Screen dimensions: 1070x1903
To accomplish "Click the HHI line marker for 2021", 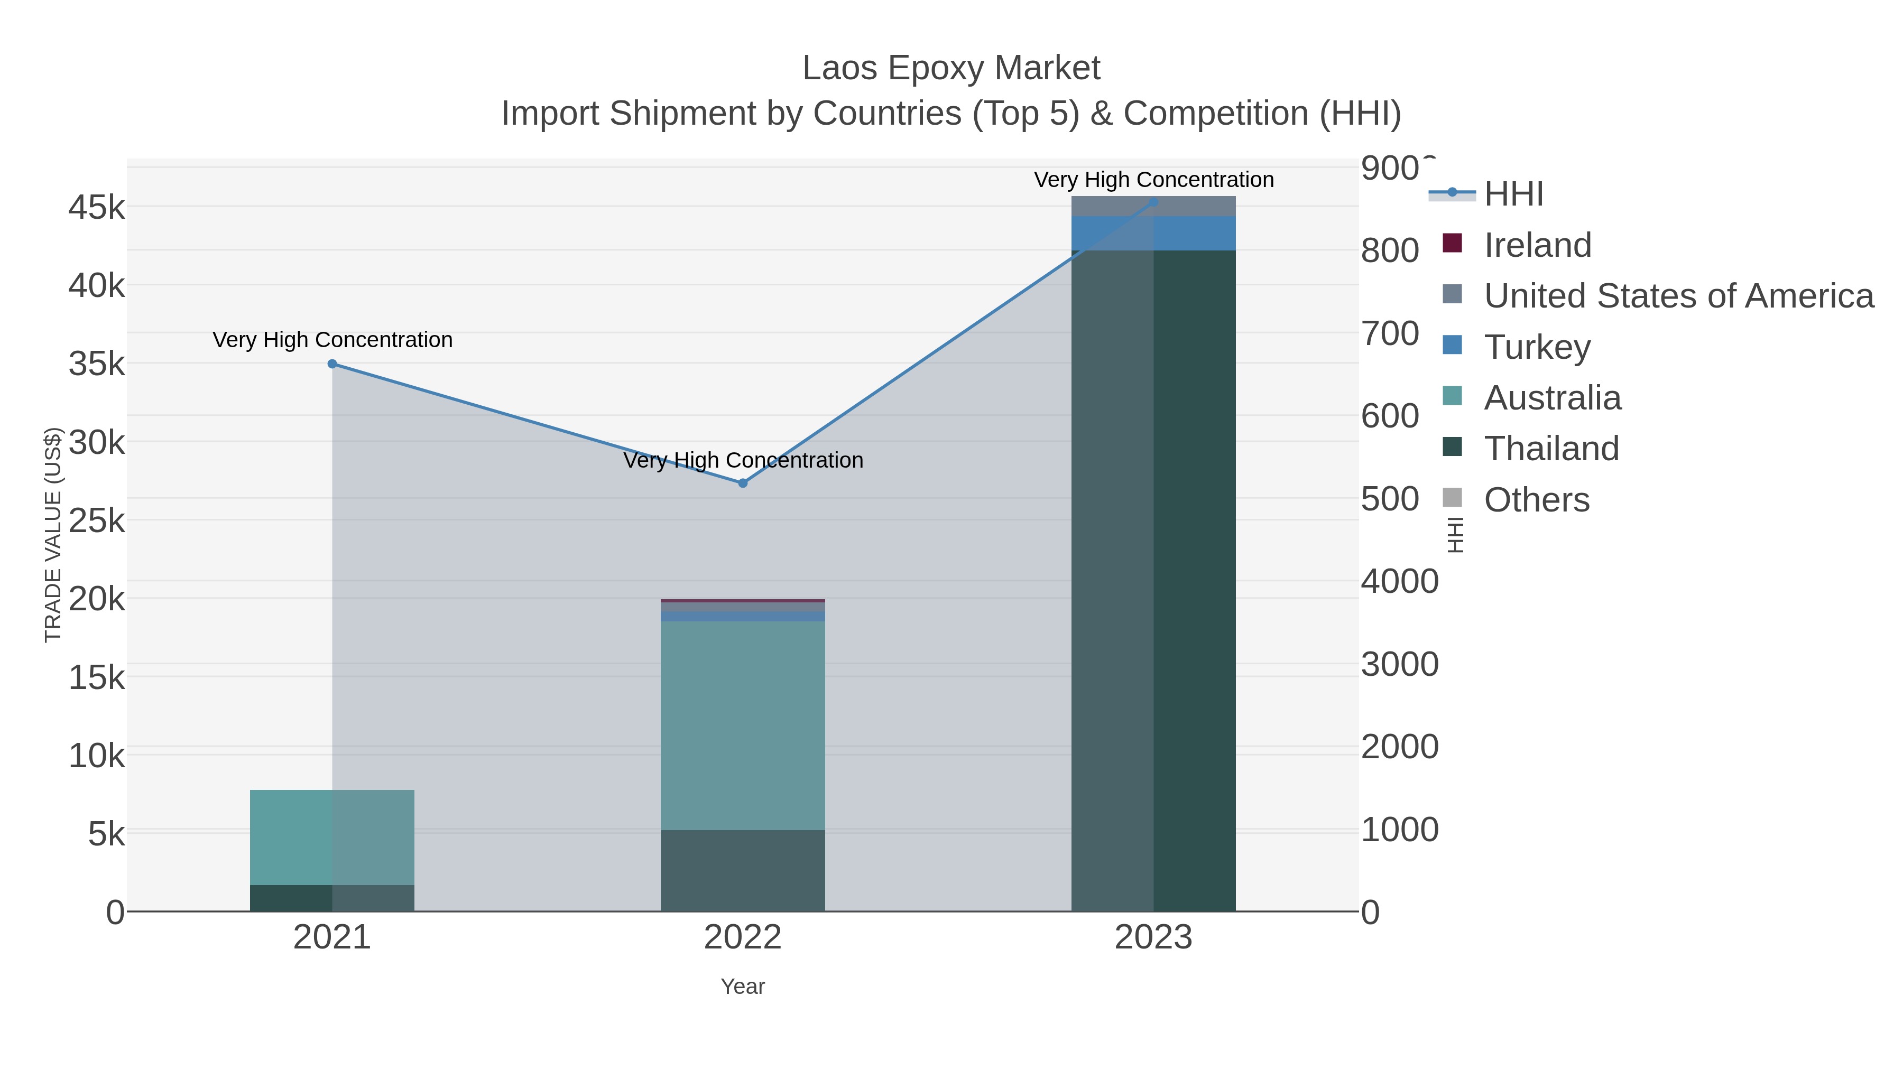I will (331, 364).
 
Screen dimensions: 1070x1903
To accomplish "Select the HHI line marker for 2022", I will (743, 483).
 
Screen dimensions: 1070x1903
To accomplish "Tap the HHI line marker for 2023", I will (1153, 202).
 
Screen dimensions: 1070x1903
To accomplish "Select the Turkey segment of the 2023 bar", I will (1153, 234).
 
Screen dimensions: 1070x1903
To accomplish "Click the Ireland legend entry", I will (1537, 245).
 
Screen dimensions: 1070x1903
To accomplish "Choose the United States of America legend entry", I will (1677, 296).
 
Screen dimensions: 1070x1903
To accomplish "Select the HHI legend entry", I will (1513, 194).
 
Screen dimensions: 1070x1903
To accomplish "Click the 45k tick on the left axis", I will (97, 208).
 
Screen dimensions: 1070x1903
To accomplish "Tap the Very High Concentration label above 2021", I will (332, 340).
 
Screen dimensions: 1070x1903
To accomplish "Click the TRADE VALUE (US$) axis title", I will (53, 535).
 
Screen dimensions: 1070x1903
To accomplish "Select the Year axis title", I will (743, 987).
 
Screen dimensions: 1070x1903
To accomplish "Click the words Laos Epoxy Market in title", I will (951, 68).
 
